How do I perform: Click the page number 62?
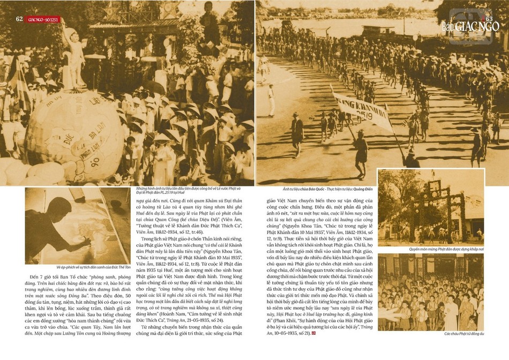[x=19, y=19]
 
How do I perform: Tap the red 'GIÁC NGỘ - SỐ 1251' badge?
[x=44, y=19]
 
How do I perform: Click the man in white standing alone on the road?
[x=271, y=99]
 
